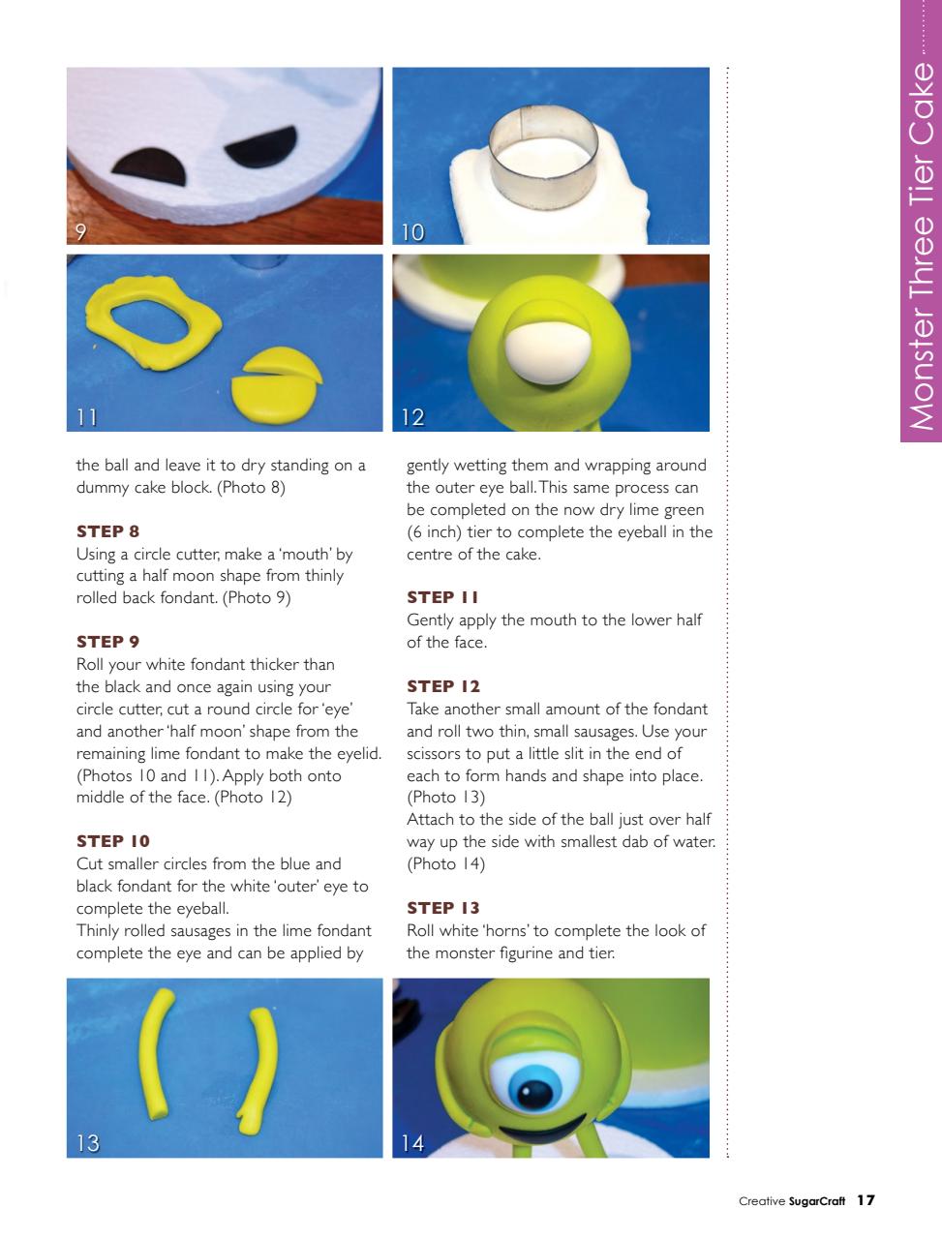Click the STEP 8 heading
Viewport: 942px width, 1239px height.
(101, 531)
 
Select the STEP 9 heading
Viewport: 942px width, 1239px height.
(101, 642)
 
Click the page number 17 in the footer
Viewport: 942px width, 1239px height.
(866, 1200)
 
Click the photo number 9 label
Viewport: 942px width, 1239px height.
(83, 231)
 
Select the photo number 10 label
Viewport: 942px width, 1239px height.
(412, 231)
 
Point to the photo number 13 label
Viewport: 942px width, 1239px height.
(87, 1143)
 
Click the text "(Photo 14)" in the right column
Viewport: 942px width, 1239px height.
(446, 863)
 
